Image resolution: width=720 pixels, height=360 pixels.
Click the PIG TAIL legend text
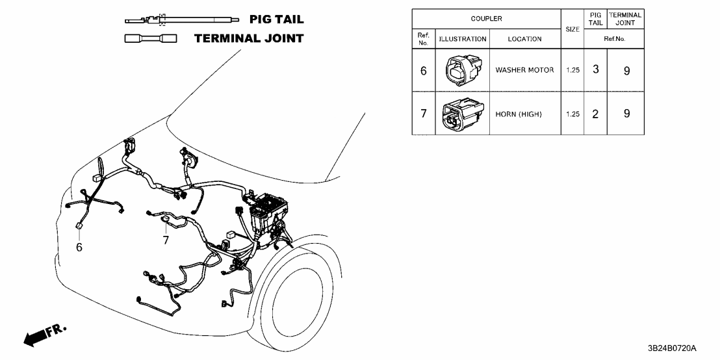(x=276, y=20)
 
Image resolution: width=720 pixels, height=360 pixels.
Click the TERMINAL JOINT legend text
(x=249, y=38)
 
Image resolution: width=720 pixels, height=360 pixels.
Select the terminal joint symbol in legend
(x=151, y=39)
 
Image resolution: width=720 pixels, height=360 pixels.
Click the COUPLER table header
(x=486, y=19)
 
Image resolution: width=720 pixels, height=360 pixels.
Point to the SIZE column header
(x=572, y=29)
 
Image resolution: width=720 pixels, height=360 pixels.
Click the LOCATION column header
(x=524, y=39)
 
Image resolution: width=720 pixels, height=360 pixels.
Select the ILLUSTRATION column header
(x=463, y=39)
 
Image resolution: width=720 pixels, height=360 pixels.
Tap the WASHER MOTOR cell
(x=524, y=70)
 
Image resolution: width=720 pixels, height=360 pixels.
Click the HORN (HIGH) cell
(x=519, y=114)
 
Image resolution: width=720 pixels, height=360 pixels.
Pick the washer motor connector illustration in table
(x=462, y=70)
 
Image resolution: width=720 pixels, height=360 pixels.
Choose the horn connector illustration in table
(x=462, y=114)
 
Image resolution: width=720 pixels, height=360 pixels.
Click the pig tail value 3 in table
(x=595, y=70)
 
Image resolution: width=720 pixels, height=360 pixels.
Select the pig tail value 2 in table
(x=595, y=114)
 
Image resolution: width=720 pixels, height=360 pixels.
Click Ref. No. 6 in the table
(x=424, y=70)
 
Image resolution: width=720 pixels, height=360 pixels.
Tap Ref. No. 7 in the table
(x=424, y=114)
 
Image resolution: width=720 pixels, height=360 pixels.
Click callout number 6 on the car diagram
(x=79, y=247)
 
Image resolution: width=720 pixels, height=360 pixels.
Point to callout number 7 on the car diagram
(x=166, y=240)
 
